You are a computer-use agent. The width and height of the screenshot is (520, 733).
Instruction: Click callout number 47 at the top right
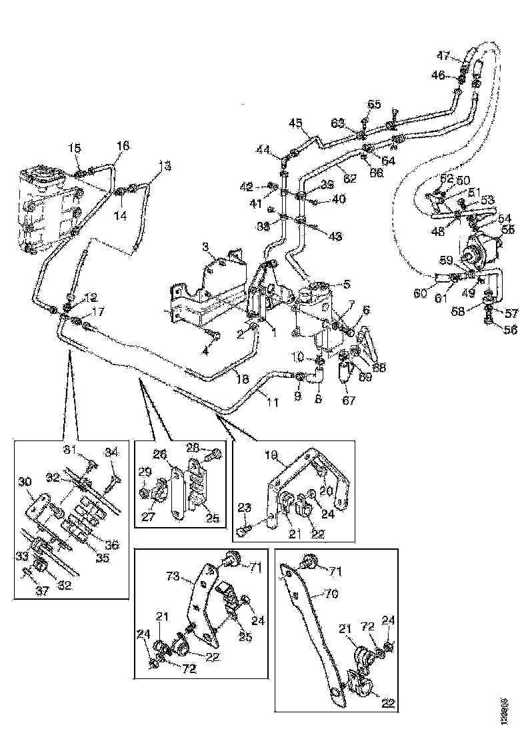point(444,55)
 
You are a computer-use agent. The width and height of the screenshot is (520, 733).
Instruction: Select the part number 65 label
point(374,105)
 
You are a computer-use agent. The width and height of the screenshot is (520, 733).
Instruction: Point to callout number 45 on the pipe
point(295,123)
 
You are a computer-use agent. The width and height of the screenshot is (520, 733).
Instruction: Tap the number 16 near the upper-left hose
point(123,145)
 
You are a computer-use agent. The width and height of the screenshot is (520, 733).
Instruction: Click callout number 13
point(165,165)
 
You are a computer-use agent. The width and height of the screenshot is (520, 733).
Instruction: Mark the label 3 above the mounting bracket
point(206,247)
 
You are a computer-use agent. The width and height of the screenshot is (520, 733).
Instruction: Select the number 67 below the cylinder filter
point(348,400)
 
